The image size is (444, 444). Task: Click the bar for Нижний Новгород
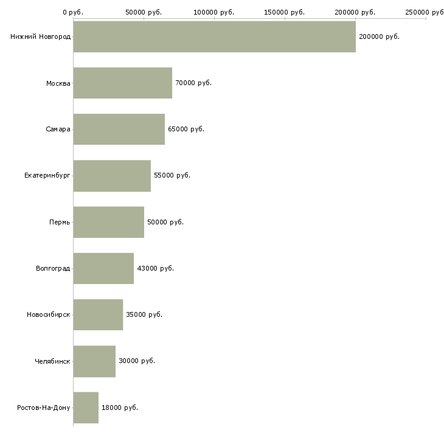(214, 36)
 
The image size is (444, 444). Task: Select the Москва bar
(123, 83)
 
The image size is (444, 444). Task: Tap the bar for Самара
(119, 129)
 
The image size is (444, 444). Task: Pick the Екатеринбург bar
(112, 176)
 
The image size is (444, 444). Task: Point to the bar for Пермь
(109, 222)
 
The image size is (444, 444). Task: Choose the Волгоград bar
(103, 268)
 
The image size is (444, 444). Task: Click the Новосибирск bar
(99, 314)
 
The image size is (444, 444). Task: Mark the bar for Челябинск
(94, 361)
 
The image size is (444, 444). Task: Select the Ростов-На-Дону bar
(86, 408)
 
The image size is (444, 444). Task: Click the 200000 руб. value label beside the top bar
(379, 37)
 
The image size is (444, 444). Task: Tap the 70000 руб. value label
(193, 83)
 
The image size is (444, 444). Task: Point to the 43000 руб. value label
(156, 268)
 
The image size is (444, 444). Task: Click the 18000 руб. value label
(120, 408)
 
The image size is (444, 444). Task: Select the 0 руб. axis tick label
(73, 12)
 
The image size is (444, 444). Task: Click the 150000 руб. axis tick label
(284, 12)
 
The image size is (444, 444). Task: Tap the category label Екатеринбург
(47, 176)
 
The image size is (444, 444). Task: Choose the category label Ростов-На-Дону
(44, 408)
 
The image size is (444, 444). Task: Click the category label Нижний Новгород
(41, 37)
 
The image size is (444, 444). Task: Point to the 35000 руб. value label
(144, 314)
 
